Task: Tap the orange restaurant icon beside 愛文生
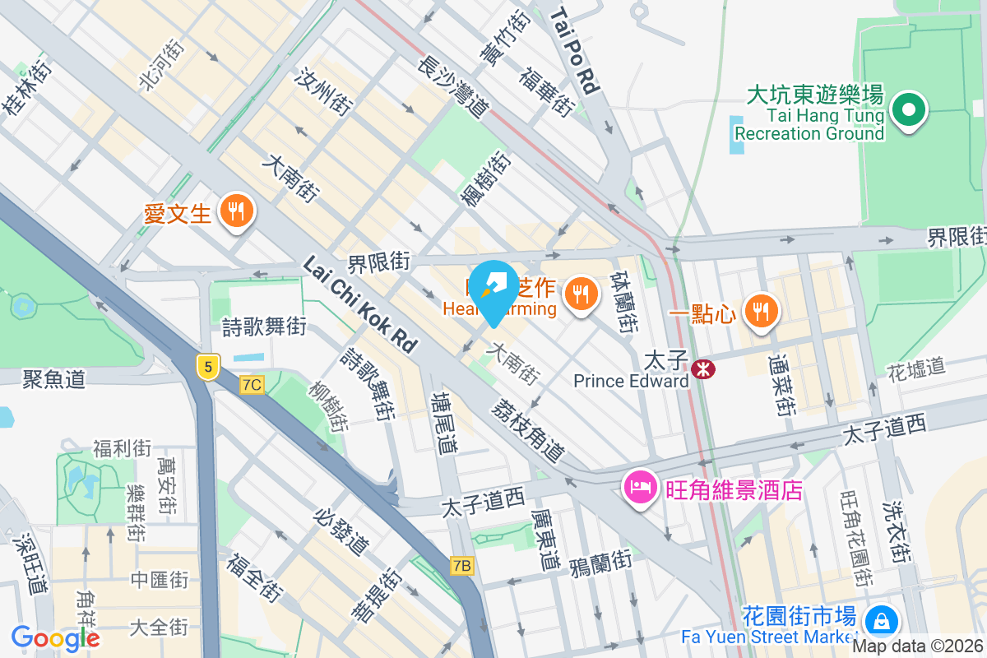(237, 213)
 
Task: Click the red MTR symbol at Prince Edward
(703, 369)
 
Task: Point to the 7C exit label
(253, 384)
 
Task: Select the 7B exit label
(463, 566)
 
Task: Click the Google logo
(56, 637)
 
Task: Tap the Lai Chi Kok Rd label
(359, 304)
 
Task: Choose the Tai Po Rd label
(573, 50)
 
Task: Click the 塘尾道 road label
(444, 422)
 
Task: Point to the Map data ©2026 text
(919, 646)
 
